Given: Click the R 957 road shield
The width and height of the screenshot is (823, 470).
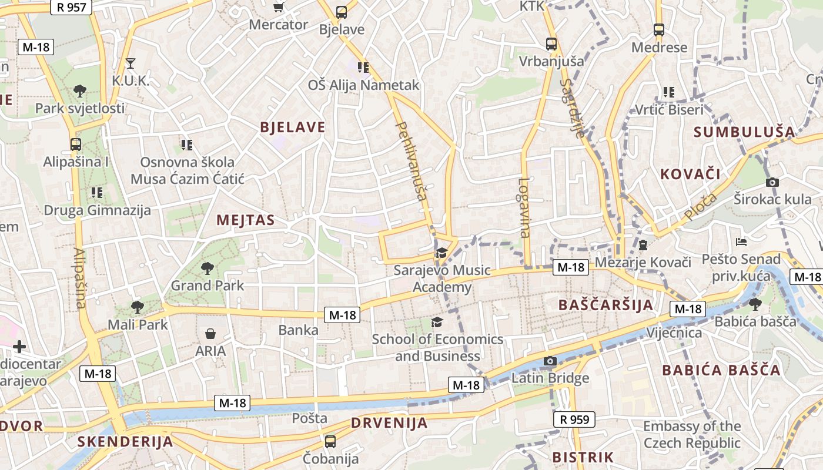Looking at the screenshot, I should tap(72, 7).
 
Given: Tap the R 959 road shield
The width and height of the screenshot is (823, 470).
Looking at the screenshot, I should tap(574, 419).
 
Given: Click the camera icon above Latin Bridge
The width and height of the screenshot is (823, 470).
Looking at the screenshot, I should tap(550, 361).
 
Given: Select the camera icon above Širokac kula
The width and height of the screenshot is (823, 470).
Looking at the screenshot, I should tap(772, 182).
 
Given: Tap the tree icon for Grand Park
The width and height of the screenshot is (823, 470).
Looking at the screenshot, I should tap(207, 268).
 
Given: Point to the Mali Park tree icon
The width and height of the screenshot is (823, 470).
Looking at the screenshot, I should tap(137, 306).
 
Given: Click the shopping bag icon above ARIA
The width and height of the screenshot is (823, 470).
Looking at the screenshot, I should tap(210, 334).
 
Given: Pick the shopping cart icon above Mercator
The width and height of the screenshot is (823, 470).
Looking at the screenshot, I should tap(279, 8).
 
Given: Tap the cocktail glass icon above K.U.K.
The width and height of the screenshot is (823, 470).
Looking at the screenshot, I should tap(131, 63).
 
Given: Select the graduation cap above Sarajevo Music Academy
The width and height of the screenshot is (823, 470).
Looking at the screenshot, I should tap(441, 253).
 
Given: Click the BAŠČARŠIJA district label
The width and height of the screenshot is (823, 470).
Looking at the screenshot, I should tap(605, 305).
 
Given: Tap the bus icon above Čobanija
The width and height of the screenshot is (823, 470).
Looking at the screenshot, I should tap(330, 441).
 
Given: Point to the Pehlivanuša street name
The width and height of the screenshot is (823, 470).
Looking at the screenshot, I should tap(412, 161).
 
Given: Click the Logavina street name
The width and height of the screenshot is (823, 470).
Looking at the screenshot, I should tap(523, 207).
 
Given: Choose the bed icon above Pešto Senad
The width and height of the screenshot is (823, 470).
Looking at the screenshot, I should tap(741, 241).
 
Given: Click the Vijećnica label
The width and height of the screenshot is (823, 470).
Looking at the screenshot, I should tap(674, 333).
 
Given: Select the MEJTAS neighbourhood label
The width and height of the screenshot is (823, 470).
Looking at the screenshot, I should tap(245, 220).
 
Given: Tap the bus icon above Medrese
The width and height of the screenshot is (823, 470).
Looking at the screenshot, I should tap(659, 29).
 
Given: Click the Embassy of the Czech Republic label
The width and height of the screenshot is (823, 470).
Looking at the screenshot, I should tap(692, 434).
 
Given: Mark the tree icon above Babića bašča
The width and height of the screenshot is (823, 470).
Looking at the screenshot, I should tap(755, 304).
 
